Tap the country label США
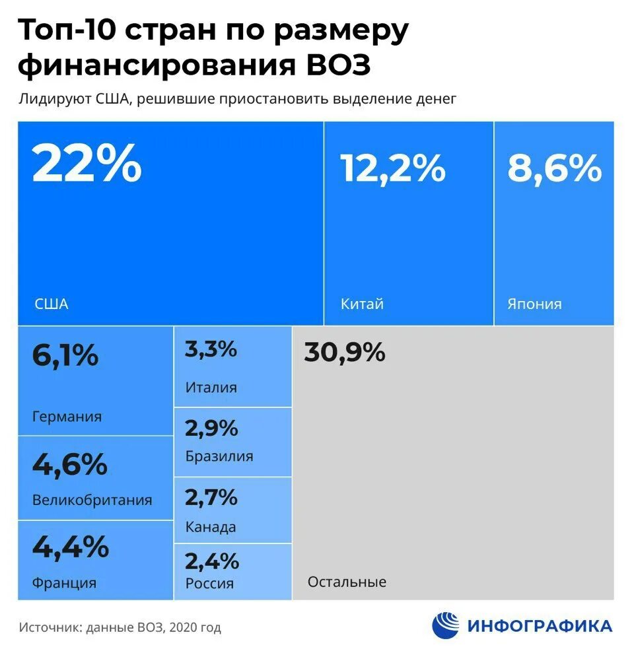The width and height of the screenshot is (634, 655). (x=51, y=304)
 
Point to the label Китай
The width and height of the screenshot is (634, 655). (x=362, y=304)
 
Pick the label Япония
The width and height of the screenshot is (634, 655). (x=534, y=304)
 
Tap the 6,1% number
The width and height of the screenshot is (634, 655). (x=65, y=357)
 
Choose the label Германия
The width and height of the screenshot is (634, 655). (x=67, y=417)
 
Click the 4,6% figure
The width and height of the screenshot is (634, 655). (x=69, y=464)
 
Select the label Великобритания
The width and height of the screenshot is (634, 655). (x=92, y=500)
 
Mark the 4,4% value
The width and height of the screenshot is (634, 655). (x=70, y=547)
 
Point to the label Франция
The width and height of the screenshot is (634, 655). (x=64, y=583)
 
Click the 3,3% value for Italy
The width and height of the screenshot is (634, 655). (x=211, y=349)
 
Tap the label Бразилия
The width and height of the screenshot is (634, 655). (x=219, y=456)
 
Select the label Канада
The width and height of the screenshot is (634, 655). (x=211, y=528)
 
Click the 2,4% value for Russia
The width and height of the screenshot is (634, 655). (x=211, y=561)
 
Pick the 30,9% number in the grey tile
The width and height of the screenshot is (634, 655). (x=344, y=353)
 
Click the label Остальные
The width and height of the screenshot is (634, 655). (x=347, y=582)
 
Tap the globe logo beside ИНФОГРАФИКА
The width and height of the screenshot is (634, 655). (x=446, y=625)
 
